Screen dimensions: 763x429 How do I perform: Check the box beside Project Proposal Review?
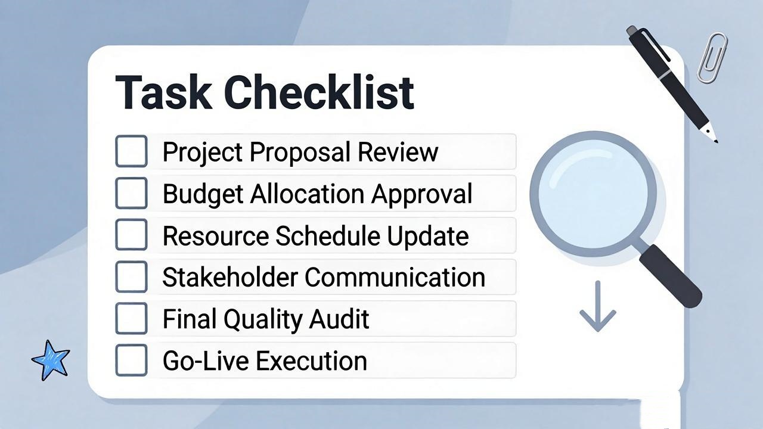(132, 151)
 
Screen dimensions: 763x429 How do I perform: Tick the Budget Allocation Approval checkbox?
(132, 193)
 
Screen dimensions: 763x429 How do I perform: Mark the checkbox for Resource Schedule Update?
(132, 235)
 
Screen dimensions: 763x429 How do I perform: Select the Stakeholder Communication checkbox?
(132, 277)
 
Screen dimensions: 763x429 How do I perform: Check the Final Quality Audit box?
(132, 319)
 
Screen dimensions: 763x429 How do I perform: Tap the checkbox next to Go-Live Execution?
(132, 360)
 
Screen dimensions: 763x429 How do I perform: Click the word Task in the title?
(163, 92)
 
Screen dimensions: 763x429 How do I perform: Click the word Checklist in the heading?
(319, 92)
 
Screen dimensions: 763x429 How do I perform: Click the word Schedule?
(328, 235)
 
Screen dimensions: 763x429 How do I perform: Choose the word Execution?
(311, 361)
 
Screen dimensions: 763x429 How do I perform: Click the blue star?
(51, 360)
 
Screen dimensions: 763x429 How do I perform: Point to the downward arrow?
(598, 306)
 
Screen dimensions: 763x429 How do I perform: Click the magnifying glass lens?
(593, 194)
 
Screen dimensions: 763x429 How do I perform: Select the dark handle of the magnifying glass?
(671, 276)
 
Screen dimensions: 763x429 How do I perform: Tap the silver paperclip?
(712, 57)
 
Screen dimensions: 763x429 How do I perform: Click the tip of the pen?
(717, 142)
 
